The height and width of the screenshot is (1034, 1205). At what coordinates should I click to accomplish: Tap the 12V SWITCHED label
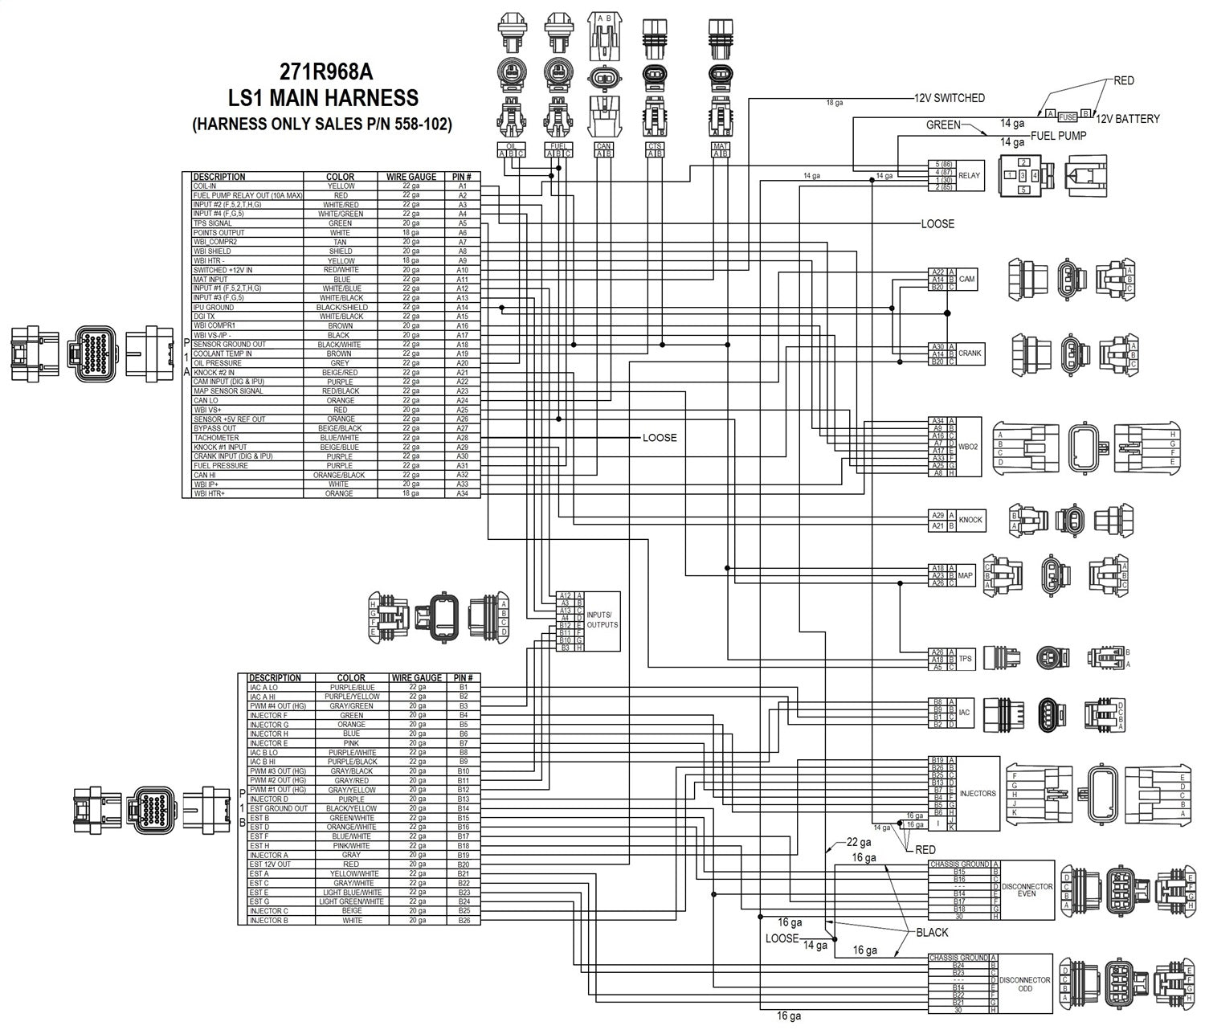point(949,98)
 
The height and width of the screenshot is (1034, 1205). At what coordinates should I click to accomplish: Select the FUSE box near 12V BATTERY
point(1068,116)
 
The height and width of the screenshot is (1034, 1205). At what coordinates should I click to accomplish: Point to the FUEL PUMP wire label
point(1058,136)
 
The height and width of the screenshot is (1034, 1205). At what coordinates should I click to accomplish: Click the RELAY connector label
point(969,175)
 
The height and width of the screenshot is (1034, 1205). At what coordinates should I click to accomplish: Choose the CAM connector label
point(966,280)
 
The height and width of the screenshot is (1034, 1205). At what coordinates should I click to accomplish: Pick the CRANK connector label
point(970,354)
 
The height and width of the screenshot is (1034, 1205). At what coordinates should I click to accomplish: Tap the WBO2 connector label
point(969,447)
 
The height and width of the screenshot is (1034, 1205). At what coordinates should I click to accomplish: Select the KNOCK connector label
point(970,520)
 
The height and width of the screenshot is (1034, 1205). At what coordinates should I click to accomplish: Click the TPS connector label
point(965,659)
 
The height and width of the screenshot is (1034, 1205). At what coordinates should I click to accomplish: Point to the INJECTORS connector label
point(978,794)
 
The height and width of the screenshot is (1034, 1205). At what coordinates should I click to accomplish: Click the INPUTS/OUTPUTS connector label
point(602,619)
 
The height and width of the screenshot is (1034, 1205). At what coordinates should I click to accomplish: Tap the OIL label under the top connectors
point(511,146)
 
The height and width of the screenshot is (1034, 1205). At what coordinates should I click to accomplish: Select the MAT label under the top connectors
point(720,146)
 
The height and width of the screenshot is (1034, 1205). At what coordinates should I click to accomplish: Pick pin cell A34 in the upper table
point(462,493)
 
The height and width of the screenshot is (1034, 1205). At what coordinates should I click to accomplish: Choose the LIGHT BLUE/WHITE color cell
point(351,893)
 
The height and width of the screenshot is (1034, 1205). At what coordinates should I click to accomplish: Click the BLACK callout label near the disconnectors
point(932,933)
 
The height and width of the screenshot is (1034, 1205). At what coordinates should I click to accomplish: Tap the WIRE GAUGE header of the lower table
point(416,678)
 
